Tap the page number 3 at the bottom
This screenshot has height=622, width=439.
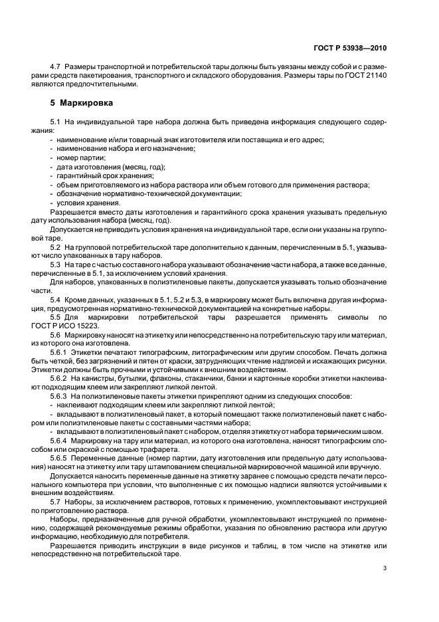[x=385, y=568]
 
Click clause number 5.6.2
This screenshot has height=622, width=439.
[x=60, y=377]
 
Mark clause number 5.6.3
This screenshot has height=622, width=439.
[x=60, y=395]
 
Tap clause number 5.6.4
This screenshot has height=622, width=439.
[x=60, y=439]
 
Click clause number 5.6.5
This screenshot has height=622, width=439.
[x=60, y=457]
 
